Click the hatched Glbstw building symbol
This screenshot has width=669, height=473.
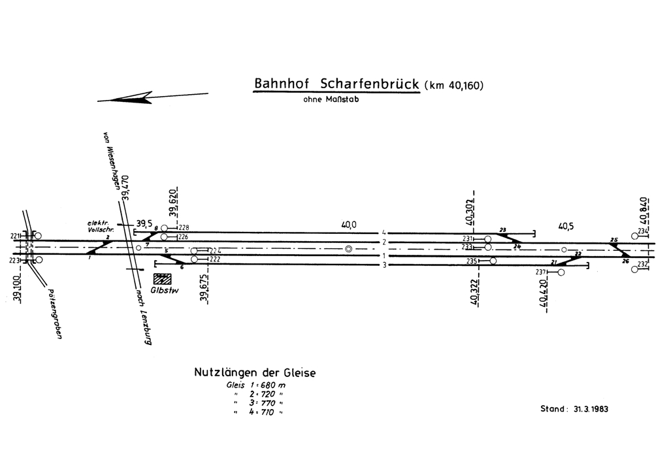[x=161, y=278]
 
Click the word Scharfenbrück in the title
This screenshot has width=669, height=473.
[x=370, y=85]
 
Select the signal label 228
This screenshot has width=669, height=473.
[x=184, y=227]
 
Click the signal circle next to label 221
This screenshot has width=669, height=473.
[x=38, y=236]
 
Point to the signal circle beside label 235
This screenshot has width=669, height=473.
[x=493, y=261]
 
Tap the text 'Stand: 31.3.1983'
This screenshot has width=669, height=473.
[x=574, y=409]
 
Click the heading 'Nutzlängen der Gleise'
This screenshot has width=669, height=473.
[x=255, y=373]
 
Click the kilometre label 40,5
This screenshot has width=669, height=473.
[x=566, y=227]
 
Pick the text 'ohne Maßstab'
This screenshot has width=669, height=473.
[x=331, y=100]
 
